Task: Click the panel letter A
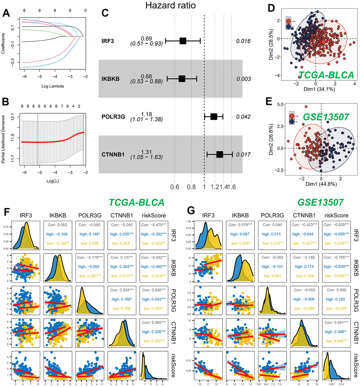[x=6, y=13]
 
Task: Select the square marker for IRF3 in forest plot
[x=183, y=41]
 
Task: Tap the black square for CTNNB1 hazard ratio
[x=220, y=154]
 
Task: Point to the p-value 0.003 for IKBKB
[x=244, y=79]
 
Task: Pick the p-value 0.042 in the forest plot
[x=244, y=116]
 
